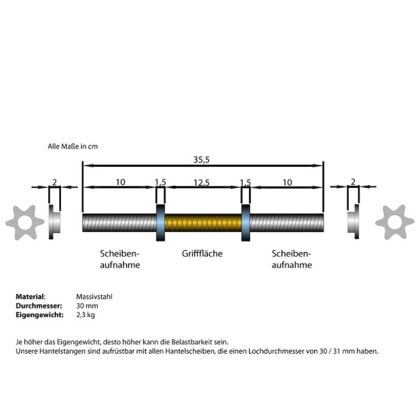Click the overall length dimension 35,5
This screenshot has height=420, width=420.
coord(201,159)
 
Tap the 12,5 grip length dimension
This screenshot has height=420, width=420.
coord(201,183)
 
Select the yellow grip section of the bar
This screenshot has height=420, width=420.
coord(203,223)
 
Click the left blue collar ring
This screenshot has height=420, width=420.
coord(161,223)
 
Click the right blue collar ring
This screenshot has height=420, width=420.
coord(246,223)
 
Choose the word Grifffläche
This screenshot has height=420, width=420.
coord(202,253)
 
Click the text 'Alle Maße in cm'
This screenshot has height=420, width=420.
coord(72,147)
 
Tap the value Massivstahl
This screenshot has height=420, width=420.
coord(94,296)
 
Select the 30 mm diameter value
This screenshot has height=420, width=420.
coord(87,306)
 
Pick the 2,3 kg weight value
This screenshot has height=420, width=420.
coord(85,315)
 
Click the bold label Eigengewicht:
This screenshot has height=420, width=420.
coord(40,315)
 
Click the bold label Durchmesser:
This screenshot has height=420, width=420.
coord(39,306)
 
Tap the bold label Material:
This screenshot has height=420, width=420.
coord(30,296)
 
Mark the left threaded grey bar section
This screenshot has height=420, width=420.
coord(119,223)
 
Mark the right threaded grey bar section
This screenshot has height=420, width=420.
coord(287,223)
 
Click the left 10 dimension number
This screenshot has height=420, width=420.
coord(121,182)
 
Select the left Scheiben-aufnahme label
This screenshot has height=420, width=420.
coord(120,259)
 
